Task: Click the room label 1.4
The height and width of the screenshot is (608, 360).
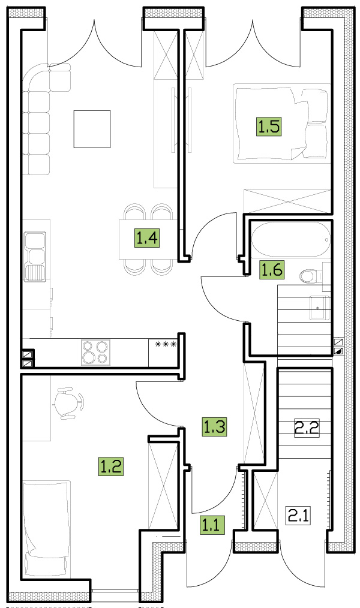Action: [147, 237]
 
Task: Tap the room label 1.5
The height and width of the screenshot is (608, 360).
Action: [269, 127]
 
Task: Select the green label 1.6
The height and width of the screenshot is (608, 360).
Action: [272, 269]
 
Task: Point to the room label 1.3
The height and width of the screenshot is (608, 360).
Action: [215, 426]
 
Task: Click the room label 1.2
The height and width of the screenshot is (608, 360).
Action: [110, 466]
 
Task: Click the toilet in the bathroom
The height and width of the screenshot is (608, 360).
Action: [311, 276]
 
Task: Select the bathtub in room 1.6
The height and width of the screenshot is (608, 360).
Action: [291, 239]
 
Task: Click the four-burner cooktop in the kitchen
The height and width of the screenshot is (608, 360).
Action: [95, 353]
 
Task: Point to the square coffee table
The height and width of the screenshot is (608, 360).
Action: [92, 129]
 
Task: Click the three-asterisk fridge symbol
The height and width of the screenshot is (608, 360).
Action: [166, 344]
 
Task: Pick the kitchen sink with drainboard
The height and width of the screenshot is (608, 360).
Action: [35, 256]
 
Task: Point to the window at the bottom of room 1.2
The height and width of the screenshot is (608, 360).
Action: [115, 591]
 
